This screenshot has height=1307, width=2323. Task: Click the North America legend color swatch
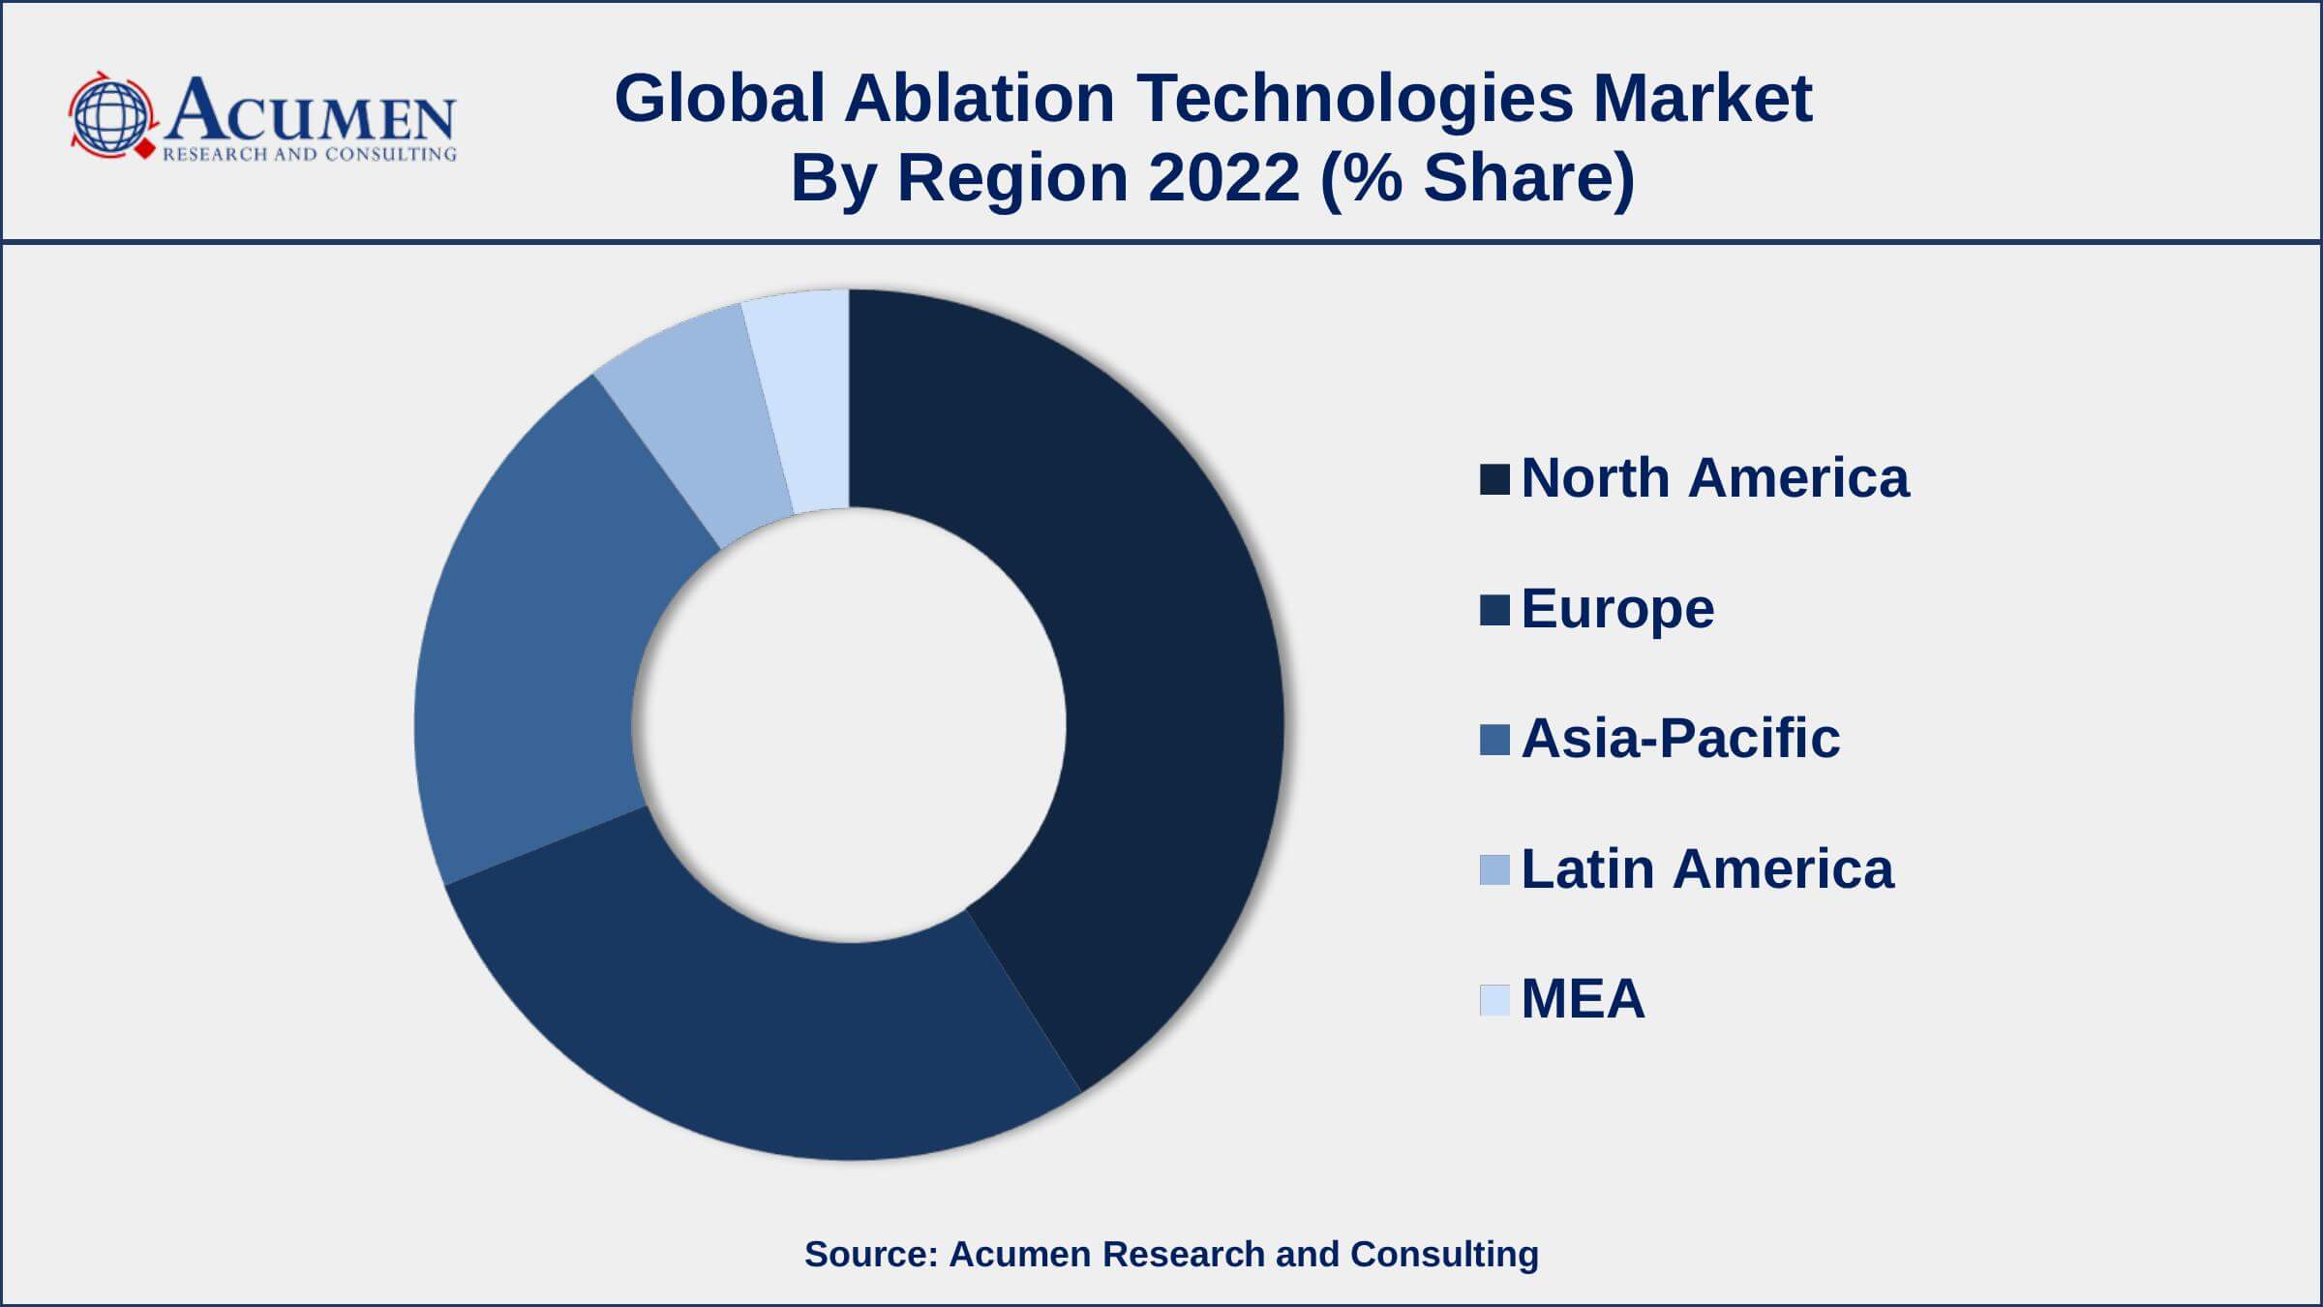point(1494,479)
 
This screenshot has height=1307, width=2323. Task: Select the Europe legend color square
point(1494,610)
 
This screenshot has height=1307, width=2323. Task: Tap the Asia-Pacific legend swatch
point(1494,740)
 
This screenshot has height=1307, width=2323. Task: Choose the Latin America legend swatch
point(1494,869)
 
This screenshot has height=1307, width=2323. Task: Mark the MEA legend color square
point(1494,999)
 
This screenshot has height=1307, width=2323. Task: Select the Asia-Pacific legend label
point(1680,738)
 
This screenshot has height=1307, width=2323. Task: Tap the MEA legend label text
point(1583,998)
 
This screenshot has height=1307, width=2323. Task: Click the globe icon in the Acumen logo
point(110,116)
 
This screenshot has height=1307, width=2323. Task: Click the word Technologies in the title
point(1354,99)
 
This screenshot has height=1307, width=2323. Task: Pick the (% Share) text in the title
point(1477,178)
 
